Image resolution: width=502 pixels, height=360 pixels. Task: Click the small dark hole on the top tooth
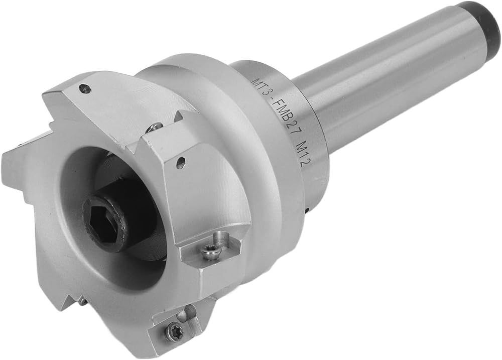(84, 88)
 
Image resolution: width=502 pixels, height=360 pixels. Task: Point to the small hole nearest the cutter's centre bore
(181, 161)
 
